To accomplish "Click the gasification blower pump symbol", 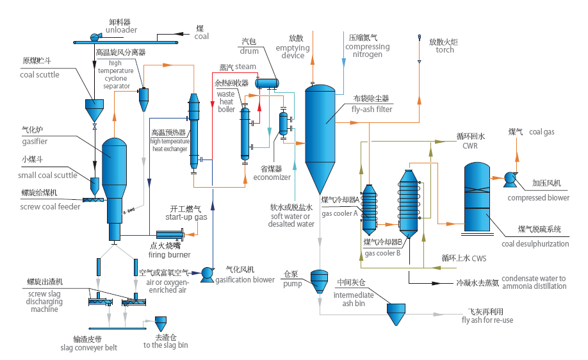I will tap(207, 274).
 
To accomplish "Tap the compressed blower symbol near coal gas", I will tap(510, 179).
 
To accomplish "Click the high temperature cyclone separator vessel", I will tap(143, 97).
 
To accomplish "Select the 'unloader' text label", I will tap(121, 29).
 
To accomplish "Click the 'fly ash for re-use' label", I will tap(487, 320).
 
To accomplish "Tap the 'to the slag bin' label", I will tap(165, 345).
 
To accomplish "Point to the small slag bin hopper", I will tap(161, 322).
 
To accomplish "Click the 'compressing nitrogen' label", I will tap(367, 51).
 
